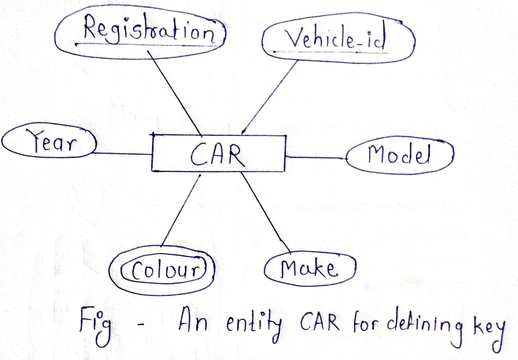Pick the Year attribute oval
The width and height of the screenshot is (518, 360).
[48, 143]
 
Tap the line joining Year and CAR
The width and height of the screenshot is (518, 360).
[122, 154]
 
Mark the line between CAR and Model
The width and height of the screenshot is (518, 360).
[317, 156]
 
